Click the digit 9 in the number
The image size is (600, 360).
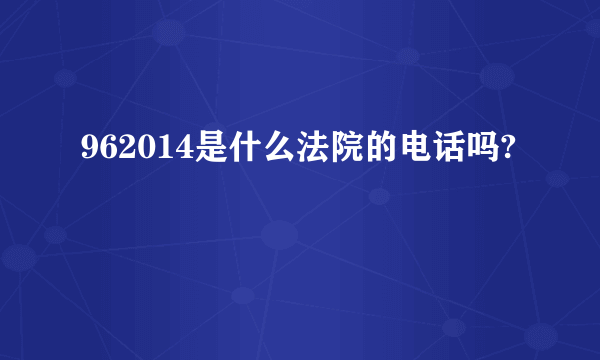click(87, 151)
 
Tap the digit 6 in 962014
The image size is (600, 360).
click(105, 151)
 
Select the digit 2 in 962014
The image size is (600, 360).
click(123, 151)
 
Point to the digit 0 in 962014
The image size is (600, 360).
click(141, 151)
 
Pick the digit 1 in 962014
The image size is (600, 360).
click(159, 151)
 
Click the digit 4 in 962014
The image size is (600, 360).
click(177, 151)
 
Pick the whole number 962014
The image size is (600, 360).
click(132, 151)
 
